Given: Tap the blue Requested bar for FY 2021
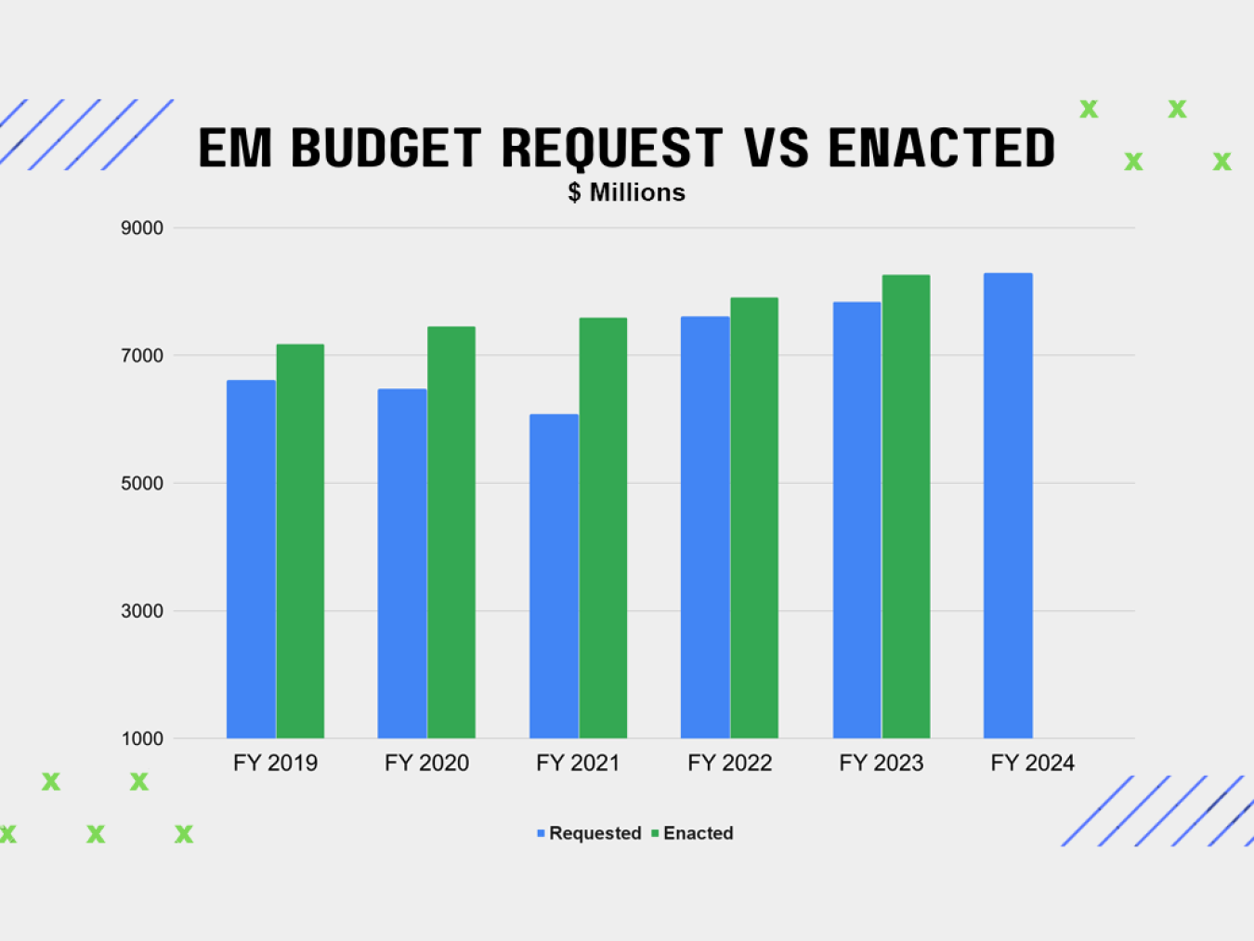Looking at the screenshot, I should [x=554, y=576].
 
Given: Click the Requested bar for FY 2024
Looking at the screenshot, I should [x=1008, y=505].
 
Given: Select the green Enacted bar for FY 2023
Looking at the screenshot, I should [x=906, y=506].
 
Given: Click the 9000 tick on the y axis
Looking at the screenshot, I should [x=142, y=229].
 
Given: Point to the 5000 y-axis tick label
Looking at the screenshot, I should [x=142, y=484].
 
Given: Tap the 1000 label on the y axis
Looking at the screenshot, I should [x=142, y=739].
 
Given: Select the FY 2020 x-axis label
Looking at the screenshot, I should [x=426, y=764].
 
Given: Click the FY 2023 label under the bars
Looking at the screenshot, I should [x=881, y=764].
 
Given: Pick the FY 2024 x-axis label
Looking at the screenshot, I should [x=1032, y=764].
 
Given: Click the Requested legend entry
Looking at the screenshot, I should [x=594, y=833].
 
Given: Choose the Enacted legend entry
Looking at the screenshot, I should [x=698, y=833].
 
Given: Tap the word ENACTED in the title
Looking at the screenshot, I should [x=941, y=149].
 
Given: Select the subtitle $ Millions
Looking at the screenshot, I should [x=627, y=192].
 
